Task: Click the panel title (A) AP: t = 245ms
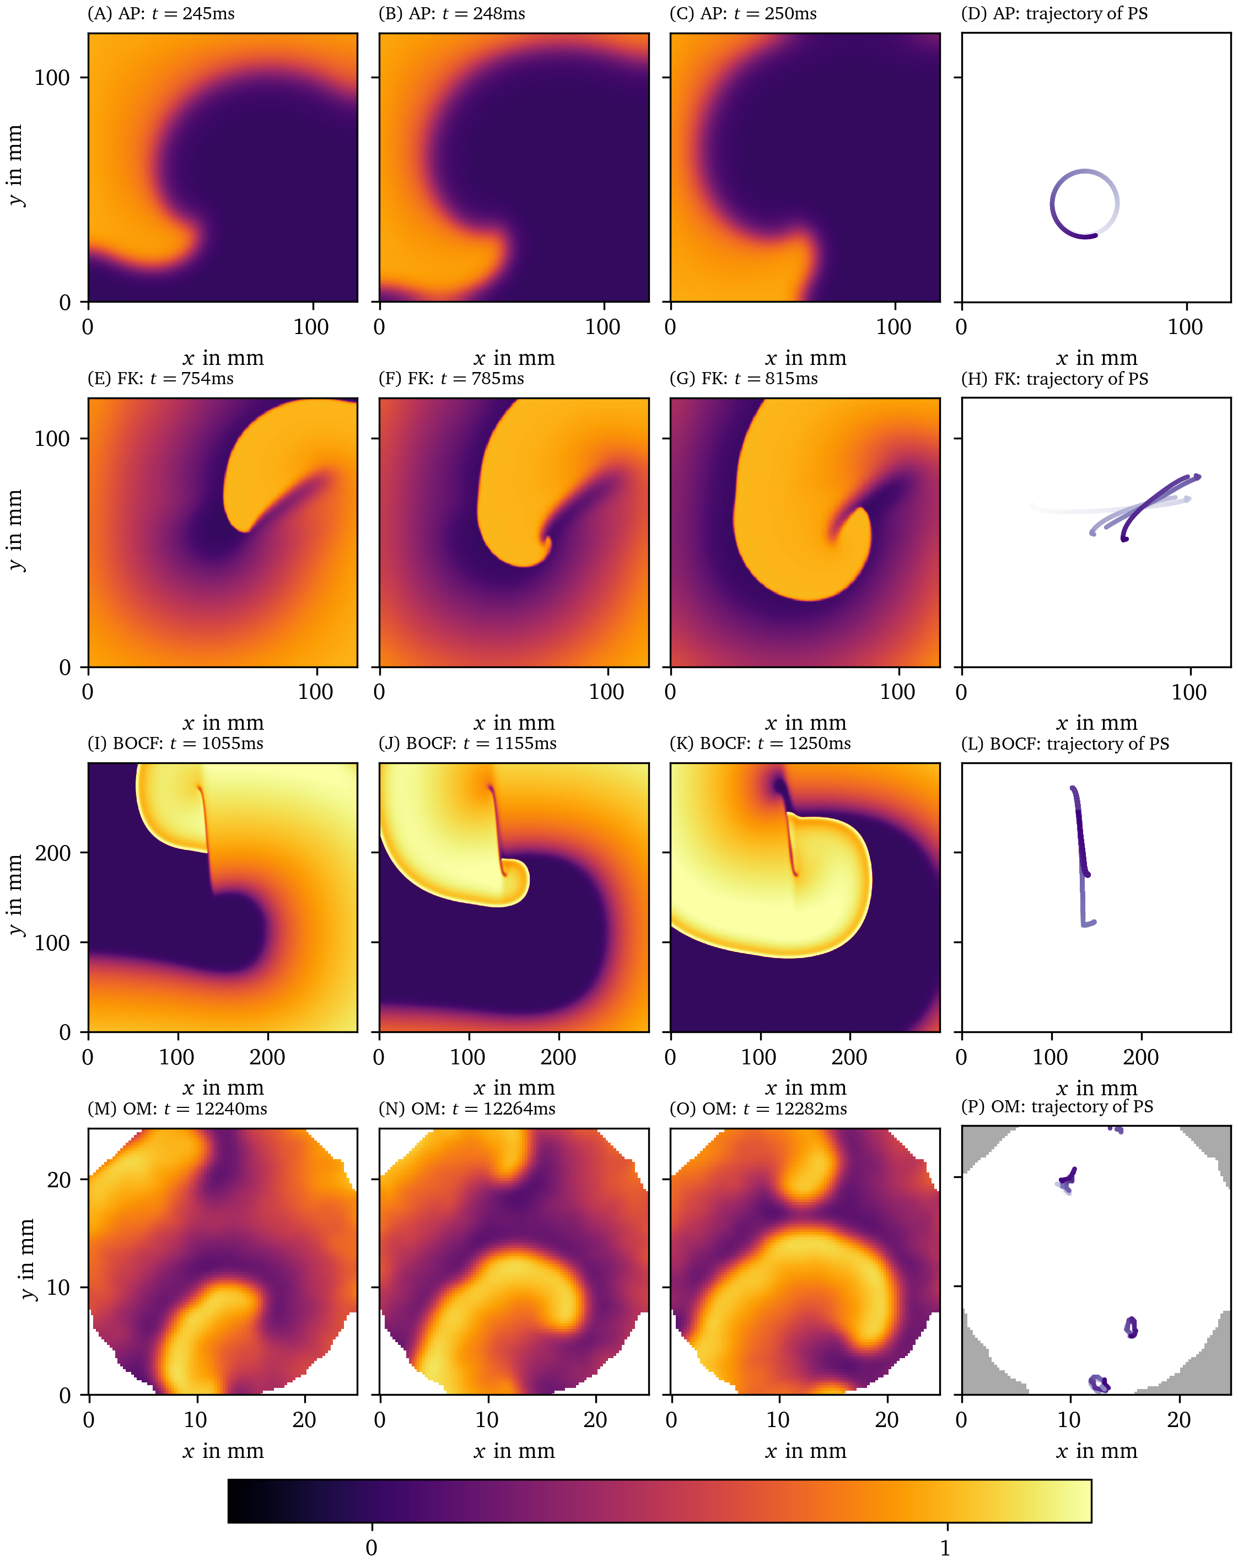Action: [x=161, y=14]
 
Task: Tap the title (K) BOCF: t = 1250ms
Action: [x=760, y=744]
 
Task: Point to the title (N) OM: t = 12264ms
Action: [x=467, y=1108]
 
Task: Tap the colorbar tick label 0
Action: [x=372, y=1547]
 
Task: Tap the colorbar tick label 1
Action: [x=945, y=1547]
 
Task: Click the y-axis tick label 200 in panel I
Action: [x=52, y=853]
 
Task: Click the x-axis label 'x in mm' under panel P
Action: [x=1096, y=1450]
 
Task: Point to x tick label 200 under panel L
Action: [x=1140, y=1057]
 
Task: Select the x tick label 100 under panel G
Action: [x=897, y=691]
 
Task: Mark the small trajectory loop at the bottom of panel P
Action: [x=1099, y=1383]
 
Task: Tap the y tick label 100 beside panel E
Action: [x=52, y=439]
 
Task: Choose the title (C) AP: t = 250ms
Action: [x=743, y=14]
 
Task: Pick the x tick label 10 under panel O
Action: [x=778, y=1419]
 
